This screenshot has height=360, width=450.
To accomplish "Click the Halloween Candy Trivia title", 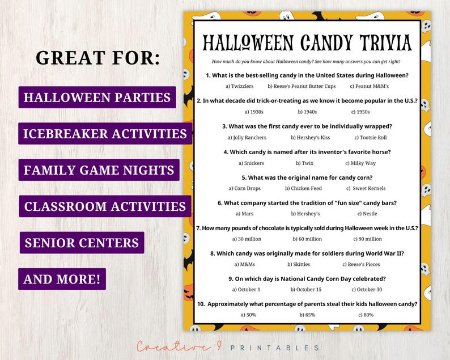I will coord(307,43).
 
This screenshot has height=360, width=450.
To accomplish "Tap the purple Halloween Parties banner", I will coord(97,97).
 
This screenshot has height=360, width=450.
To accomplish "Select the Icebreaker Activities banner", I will coord(105,134).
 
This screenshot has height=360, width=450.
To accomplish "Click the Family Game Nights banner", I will coord(99,170).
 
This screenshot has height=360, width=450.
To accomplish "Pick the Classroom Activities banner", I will coord(105,206).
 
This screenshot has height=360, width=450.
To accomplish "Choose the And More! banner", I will coord(62,279).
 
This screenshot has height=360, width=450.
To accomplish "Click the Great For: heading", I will coord(97,57).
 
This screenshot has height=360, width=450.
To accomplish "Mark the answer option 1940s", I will coord(308,112).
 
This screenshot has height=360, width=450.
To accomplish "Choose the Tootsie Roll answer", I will coord(371,137).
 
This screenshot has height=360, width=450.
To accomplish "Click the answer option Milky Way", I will coord(363,163).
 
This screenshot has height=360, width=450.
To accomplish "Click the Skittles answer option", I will coord(298,264).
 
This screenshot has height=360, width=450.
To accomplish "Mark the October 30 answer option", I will coord(369,289).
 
